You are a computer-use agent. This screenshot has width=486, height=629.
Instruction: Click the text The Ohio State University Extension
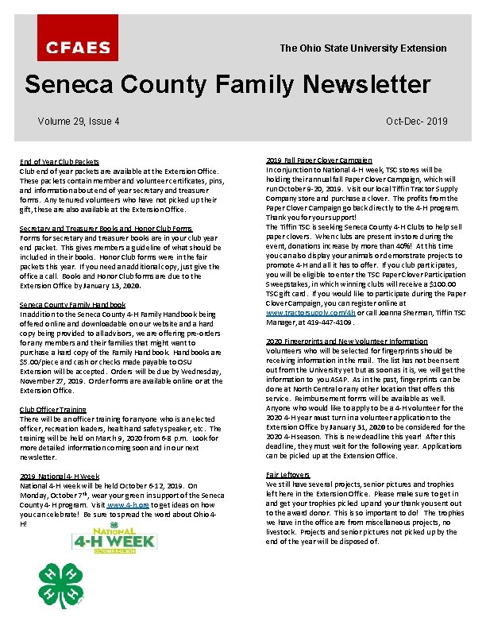click(363, 48)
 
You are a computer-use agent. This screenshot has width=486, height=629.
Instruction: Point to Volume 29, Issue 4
click(79, 122)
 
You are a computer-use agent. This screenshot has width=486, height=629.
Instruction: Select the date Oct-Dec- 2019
click(416, 122)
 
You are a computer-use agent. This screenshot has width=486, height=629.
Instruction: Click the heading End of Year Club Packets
click(60, 162)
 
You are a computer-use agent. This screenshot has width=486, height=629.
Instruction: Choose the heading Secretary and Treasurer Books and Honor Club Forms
click(106, 229)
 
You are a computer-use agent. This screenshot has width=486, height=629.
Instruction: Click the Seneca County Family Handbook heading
click(72, 305)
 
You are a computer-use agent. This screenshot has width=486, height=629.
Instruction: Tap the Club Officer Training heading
click(53, 410)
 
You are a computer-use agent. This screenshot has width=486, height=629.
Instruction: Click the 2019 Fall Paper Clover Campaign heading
click(318, 160)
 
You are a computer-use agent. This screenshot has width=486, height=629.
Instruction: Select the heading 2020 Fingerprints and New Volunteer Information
click(346, 342)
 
